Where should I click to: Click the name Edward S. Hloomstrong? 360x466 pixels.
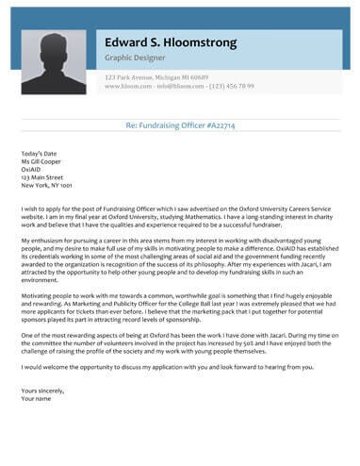tap(170, 43)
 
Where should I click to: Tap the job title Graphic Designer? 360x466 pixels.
tap(134, 58)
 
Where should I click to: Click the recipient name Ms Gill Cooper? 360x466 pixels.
tap(42, 160)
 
